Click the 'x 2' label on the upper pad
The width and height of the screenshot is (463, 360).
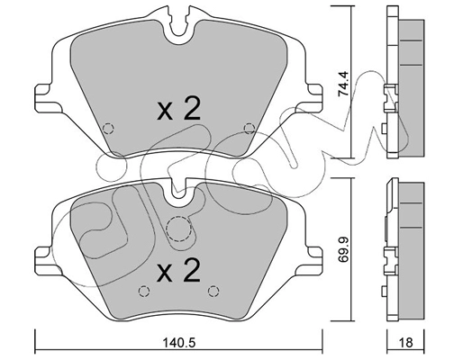pos(177,111)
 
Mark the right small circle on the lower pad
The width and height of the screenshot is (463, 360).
pos(212,289)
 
